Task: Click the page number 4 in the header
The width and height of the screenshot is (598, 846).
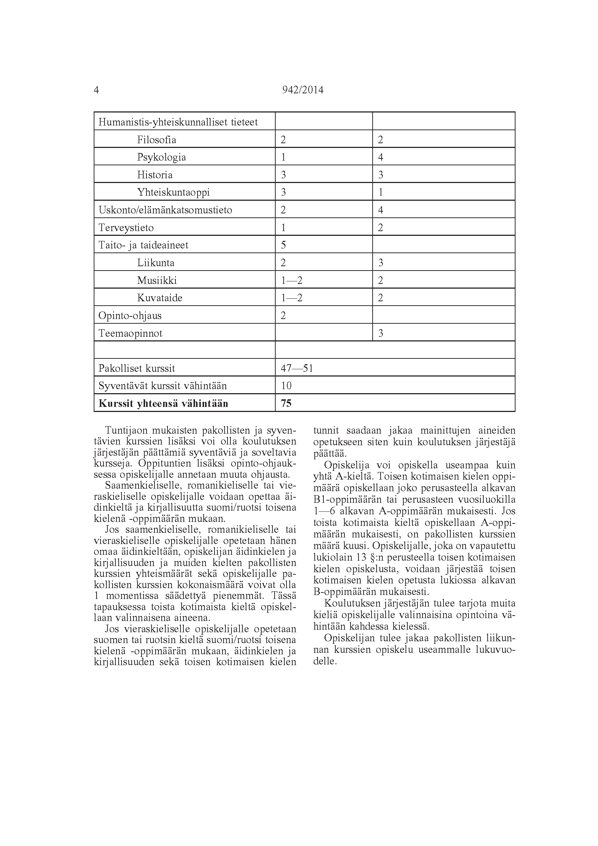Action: pos(97,90)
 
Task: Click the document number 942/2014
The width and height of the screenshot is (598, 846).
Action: pos(302,90)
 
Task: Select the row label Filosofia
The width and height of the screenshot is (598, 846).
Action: pos(157,140)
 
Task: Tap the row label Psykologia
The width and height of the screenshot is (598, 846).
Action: pos(161,157)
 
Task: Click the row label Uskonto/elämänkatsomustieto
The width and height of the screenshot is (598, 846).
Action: pos(165,210)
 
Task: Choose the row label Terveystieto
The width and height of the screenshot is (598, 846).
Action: pos(126,228)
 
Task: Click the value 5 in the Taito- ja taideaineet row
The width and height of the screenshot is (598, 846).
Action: pos(283,245)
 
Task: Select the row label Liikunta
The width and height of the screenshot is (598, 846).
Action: pos(156,263)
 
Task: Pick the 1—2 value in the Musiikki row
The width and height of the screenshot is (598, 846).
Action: pos(292,280)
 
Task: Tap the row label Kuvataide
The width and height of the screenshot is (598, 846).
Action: pos(160,298)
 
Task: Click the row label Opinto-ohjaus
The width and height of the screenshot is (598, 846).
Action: pos(130,316)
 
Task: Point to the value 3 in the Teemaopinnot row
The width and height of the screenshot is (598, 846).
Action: pos(381,333)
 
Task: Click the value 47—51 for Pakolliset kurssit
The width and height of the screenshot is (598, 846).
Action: pos(297,369)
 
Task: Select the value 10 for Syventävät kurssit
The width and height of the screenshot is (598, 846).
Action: pos(286,386)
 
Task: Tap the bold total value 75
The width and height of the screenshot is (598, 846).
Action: pos(286,404)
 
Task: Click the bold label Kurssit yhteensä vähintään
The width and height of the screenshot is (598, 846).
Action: pos(163,404)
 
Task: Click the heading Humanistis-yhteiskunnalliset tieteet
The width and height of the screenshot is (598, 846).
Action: pos(178,122)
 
